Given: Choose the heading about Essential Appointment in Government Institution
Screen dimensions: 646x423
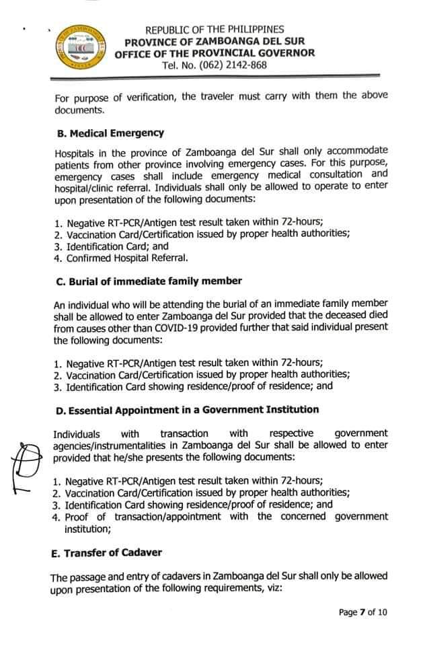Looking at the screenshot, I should [186, 409].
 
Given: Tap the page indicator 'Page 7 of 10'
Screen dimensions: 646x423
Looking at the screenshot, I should [362, 612].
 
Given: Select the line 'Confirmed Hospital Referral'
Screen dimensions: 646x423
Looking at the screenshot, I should [126, 258].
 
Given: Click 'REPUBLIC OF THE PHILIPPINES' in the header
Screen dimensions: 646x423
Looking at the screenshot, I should [215, 30].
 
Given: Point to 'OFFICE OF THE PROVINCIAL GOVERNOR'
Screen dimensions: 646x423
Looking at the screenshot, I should [214, 53].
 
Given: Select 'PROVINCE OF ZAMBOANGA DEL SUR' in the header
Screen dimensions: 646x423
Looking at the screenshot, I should [215, 42].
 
